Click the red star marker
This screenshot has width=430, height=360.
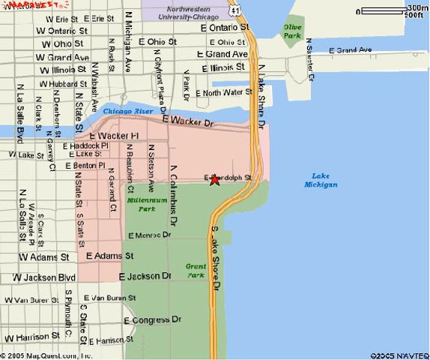tap(214, 179)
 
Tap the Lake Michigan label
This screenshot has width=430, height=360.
tap(321, 180)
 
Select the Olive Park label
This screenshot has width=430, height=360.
tap(292, 31)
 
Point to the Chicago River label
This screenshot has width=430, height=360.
tap(128, 111)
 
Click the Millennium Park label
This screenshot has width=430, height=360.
tap(142, 205)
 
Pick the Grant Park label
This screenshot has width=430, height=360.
tap(196, 271)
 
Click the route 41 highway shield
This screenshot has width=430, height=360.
tap(237, 10)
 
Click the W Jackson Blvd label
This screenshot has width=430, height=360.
tap(44, 277)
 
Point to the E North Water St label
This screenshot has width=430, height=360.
tap(224, 93)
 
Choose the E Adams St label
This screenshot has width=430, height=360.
tap(109, 256)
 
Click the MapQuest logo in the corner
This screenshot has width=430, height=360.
tap(22, 5)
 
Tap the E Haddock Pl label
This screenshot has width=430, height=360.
tap(85, 145)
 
